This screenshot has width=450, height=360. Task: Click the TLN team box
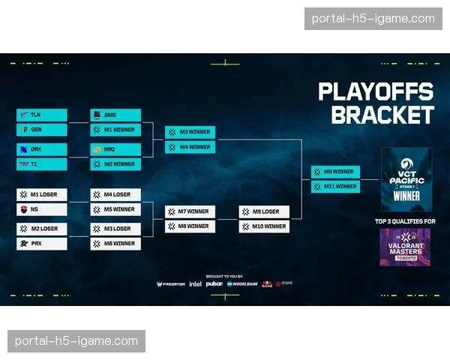coord(42,115)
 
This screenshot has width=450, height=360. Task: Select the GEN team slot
coord(42,130)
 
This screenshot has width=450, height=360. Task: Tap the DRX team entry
coord(42,149)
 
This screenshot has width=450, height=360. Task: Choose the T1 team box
coord(42,163)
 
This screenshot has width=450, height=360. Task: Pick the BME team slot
coord(115,115)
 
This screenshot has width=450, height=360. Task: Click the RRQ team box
coord(115,149)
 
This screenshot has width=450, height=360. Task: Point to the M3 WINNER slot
coord(190,132)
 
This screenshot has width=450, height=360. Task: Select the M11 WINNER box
coord(336,186)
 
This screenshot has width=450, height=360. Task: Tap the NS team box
coord(42,209)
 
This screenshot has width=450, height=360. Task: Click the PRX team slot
coord(42,244)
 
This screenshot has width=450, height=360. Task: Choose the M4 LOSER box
coord(115,195)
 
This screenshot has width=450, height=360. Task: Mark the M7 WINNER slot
coord(190,211)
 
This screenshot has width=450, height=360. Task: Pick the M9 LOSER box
coord(264,211)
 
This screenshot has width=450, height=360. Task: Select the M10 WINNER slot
coord(264,226)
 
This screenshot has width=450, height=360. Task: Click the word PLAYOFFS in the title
coord(376,91)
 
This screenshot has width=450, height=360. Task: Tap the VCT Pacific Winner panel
coord(406,179)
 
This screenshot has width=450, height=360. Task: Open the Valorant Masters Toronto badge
coord(405,247)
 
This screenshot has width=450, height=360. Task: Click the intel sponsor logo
coord(195,284)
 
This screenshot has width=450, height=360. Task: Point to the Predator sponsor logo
coord(171,284)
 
